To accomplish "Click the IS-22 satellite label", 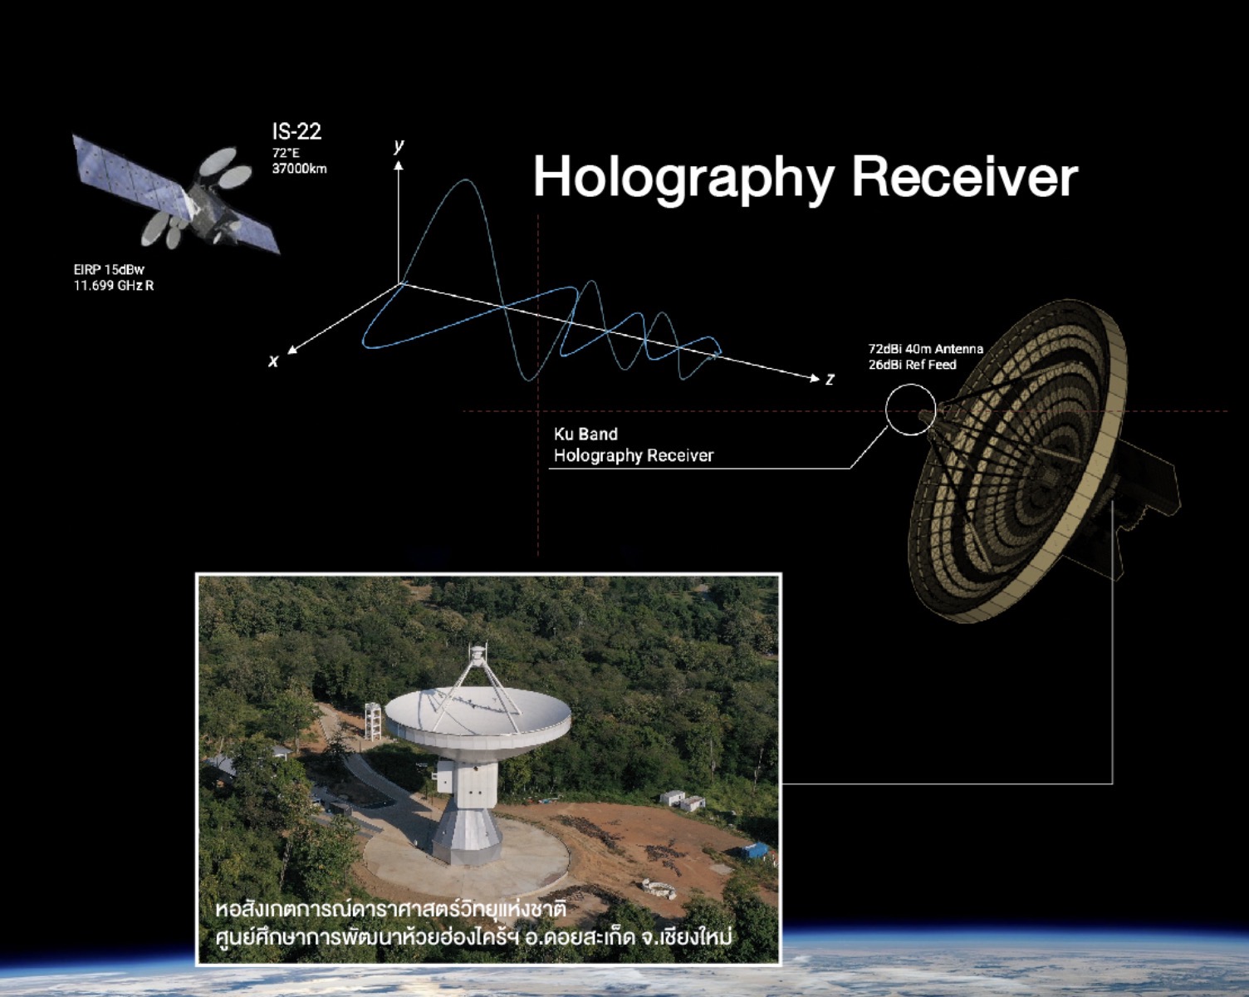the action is (296, 131).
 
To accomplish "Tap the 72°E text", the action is (286, 154).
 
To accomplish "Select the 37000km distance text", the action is (300, 169).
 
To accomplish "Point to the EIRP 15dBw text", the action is (109, 269).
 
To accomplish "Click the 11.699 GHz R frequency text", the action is (114, 286).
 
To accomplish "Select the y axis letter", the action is (398, 145).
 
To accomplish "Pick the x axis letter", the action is (273, 361).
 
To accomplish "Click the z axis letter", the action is (830, 379).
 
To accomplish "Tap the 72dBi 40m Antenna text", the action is (926, 349).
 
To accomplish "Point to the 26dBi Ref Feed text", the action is (913, 365).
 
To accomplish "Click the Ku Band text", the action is (585, 435).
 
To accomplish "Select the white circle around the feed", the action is (886, 410).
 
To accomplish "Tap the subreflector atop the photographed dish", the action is (477, 655).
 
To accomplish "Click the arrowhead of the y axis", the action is (399, 165).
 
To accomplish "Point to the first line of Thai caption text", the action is (390, 908).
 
